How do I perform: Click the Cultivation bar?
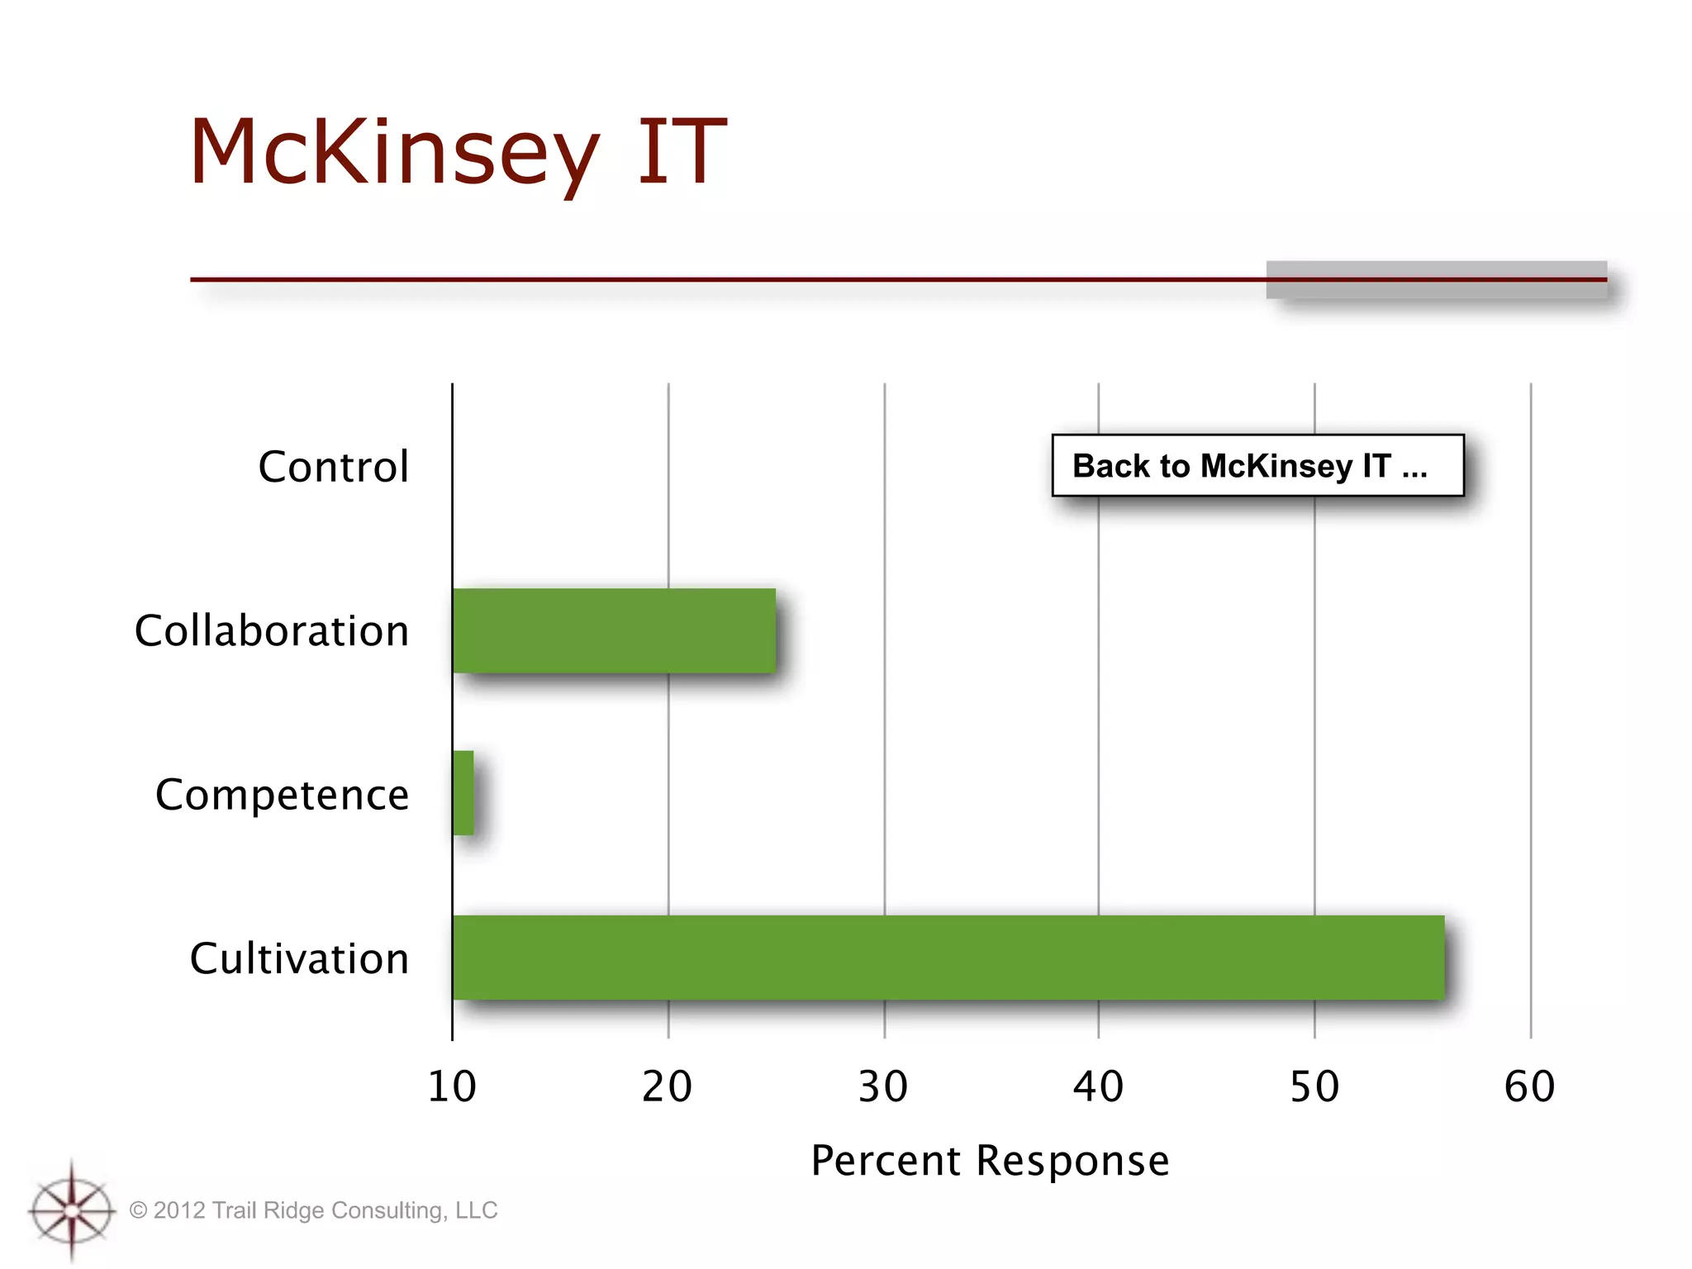[x=948, y=958]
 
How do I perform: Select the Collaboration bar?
[x=614, y=630]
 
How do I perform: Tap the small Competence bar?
[x=463, y=793]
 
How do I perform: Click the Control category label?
[x=333, y=467]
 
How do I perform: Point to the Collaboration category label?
[x=272, y=631]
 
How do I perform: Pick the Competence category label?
[x=282, y=795]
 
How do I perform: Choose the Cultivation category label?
[x=299, y=958]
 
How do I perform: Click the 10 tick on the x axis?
[x=452, y=1086]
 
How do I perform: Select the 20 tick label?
[x=668, y=1086]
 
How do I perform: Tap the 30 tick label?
[x=883, y=1086]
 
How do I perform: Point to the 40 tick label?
[x=1098, y=1086]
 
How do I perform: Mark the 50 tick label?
[x=1314, y=1086]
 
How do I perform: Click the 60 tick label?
[x=1530, y=1086]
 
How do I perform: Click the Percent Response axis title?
[x=990, y=1161]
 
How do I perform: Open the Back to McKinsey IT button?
[x=1257, y=466]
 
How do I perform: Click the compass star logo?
[x=72, y=1211]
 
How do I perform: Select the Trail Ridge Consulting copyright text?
[x=314, y=1210]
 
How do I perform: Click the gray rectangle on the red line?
[x=1436, y=280]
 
